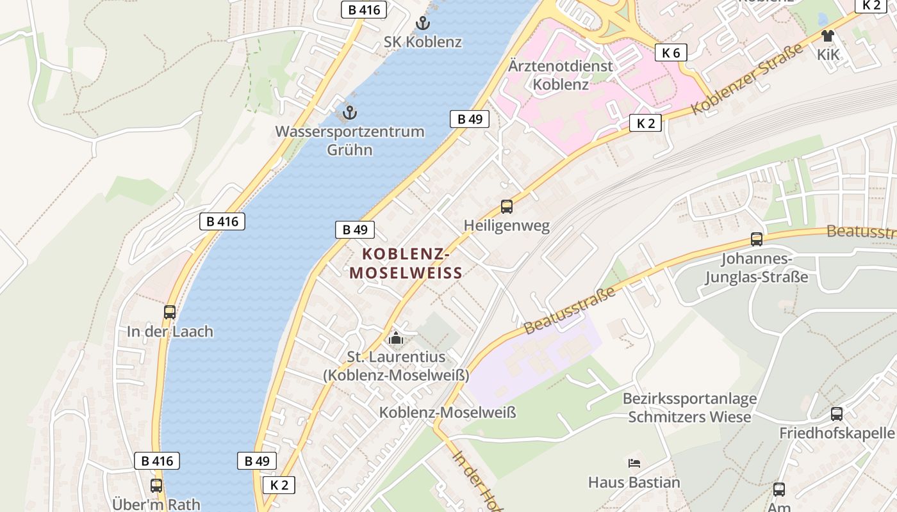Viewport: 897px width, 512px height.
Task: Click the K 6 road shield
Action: (x=671, y=52)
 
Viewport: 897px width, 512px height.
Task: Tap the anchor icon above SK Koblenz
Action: (x=423, y=24)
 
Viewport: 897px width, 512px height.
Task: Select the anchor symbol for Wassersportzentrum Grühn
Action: (x=350, y=113)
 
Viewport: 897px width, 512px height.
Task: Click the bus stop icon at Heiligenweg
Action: (x=507, y=206)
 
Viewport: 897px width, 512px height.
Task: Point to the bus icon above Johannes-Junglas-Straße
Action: (x=757, y=239)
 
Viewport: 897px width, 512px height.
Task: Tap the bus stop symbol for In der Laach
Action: (x=170, y=312)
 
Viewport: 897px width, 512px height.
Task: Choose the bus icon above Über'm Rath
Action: (x=156, y=485)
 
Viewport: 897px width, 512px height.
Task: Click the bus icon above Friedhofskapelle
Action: (x=837, y=413)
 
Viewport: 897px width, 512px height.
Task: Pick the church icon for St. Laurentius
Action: (x=396, y=337)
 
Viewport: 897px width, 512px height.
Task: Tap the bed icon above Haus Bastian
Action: (x=634, y=463)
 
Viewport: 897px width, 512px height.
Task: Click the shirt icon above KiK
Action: (x=827, y=36)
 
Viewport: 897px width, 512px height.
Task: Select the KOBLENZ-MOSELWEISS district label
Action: (x=406, y=263)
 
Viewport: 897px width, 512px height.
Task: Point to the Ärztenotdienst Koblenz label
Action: (x=561, y=75)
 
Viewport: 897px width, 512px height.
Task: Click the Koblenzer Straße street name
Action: (x=747, y=79)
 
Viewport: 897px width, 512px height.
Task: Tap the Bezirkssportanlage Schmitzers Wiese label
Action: (x=689, y=408)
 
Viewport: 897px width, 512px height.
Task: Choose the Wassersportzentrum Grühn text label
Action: (x=350, y=141)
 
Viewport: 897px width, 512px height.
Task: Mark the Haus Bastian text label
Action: (x=634, y=482)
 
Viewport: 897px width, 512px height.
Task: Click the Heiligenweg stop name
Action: (x=507, y=226)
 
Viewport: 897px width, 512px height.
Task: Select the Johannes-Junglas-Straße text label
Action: (x=757, y=268)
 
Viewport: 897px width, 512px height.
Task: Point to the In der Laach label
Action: (x=170, y=332)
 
